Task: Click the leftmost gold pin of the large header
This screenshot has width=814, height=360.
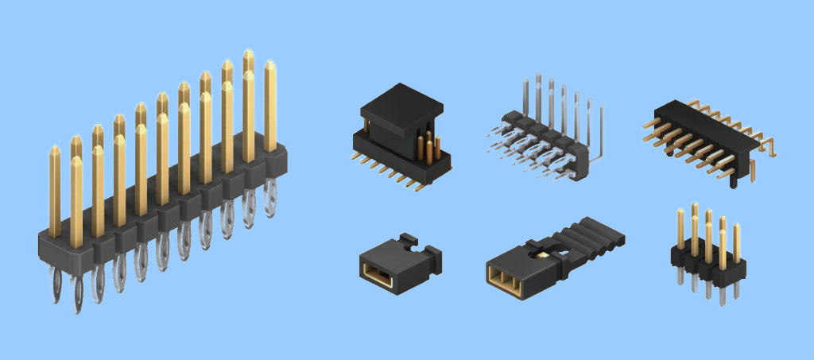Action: (55, 191)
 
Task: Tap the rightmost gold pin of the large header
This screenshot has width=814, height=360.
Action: (270, 103)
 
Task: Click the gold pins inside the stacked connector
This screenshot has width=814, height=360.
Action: (429, 147)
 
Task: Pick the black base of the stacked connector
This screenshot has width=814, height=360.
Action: (397, 163)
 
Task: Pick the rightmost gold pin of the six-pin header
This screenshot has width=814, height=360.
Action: (736, 242)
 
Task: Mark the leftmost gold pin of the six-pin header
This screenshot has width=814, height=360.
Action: (680, 226)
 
